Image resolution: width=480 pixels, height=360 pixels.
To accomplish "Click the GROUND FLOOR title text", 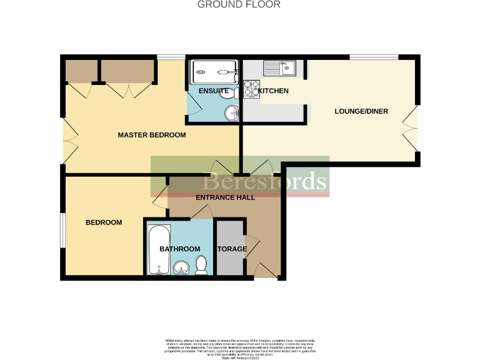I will (239, 4).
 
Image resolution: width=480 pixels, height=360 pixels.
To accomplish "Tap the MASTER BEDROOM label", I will (152, 135).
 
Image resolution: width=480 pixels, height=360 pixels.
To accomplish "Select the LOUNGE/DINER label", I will (361, 112).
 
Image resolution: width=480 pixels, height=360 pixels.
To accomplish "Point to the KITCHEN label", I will (274, 91).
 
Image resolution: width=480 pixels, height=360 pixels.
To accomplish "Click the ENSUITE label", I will (213, 91).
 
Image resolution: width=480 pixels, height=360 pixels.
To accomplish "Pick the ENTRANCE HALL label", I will (225, 197).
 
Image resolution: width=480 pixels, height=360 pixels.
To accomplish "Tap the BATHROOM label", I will (179, 249).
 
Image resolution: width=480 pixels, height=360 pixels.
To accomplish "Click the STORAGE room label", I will (232, 249).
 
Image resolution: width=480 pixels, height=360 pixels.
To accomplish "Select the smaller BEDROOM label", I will (104, 222).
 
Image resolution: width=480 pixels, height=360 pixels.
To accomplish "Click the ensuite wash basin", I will (232, 113).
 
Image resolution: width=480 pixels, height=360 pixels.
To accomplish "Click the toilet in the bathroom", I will (201, 267).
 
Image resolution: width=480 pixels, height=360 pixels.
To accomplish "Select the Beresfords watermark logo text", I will (264, 181).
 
